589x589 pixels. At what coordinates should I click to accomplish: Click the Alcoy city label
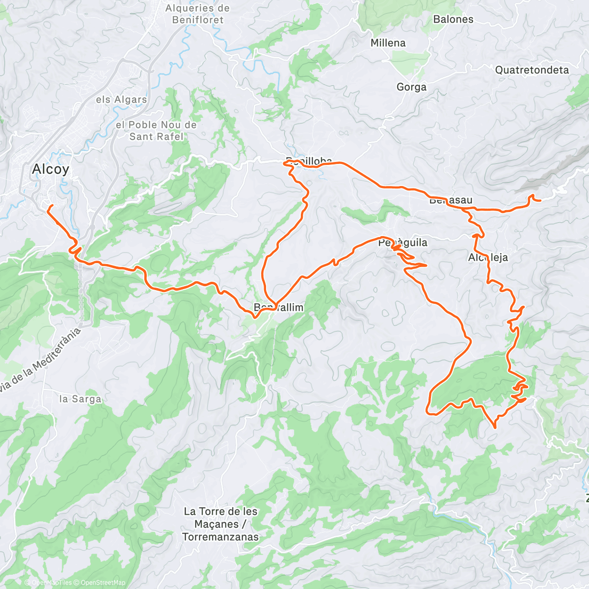pyautogui.click(x=51, y=169)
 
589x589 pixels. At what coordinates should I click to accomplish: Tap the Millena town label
pyautogui.click(x=388, y=43)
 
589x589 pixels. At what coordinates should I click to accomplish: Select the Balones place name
pyautogui.click(x=453, y=20)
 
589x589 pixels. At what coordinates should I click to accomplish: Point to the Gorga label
pyautogui.click(x=411, y=87)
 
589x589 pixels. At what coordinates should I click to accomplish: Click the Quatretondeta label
pyautogui.click(x=532, y=70)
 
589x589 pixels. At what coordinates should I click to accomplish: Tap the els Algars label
pyautogui.click(x=121, y=100)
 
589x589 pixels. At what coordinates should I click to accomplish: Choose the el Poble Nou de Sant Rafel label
pyautogui.click(x=156, y=131)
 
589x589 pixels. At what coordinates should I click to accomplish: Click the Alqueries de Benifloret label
pyautogui.click(x=197, y=14)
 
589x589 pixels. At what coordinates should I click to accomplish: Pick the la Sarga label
pyautogui.click(x=80, y=399)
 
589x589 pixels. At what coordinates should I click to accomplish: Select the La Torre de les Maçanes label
pyautogui.click(x=220, y=524)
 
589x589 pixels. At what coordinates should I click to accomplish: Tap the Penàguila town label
pyautogui.click(x=402, y=242)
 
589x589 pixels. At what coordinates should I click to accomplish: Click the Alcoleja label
pyautogui.click(x=488, y=258)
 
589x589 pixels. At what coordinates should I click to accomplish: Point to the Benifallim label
pyautogui.click(x=278, y=308)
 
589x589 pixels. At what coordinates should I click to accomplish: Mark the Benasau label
pyautogui.click(x=451, y=200)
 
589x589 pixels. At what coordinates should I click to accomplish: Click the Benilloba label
pyautogui.click(x=309, y=161)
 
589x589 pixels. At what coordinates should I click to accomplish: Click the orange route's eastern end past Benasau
pyautogui.click(x=540, y=200)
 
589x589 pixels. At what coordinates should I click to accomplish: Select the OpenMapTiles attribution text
pyautogui.click(x=52, y=583)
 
